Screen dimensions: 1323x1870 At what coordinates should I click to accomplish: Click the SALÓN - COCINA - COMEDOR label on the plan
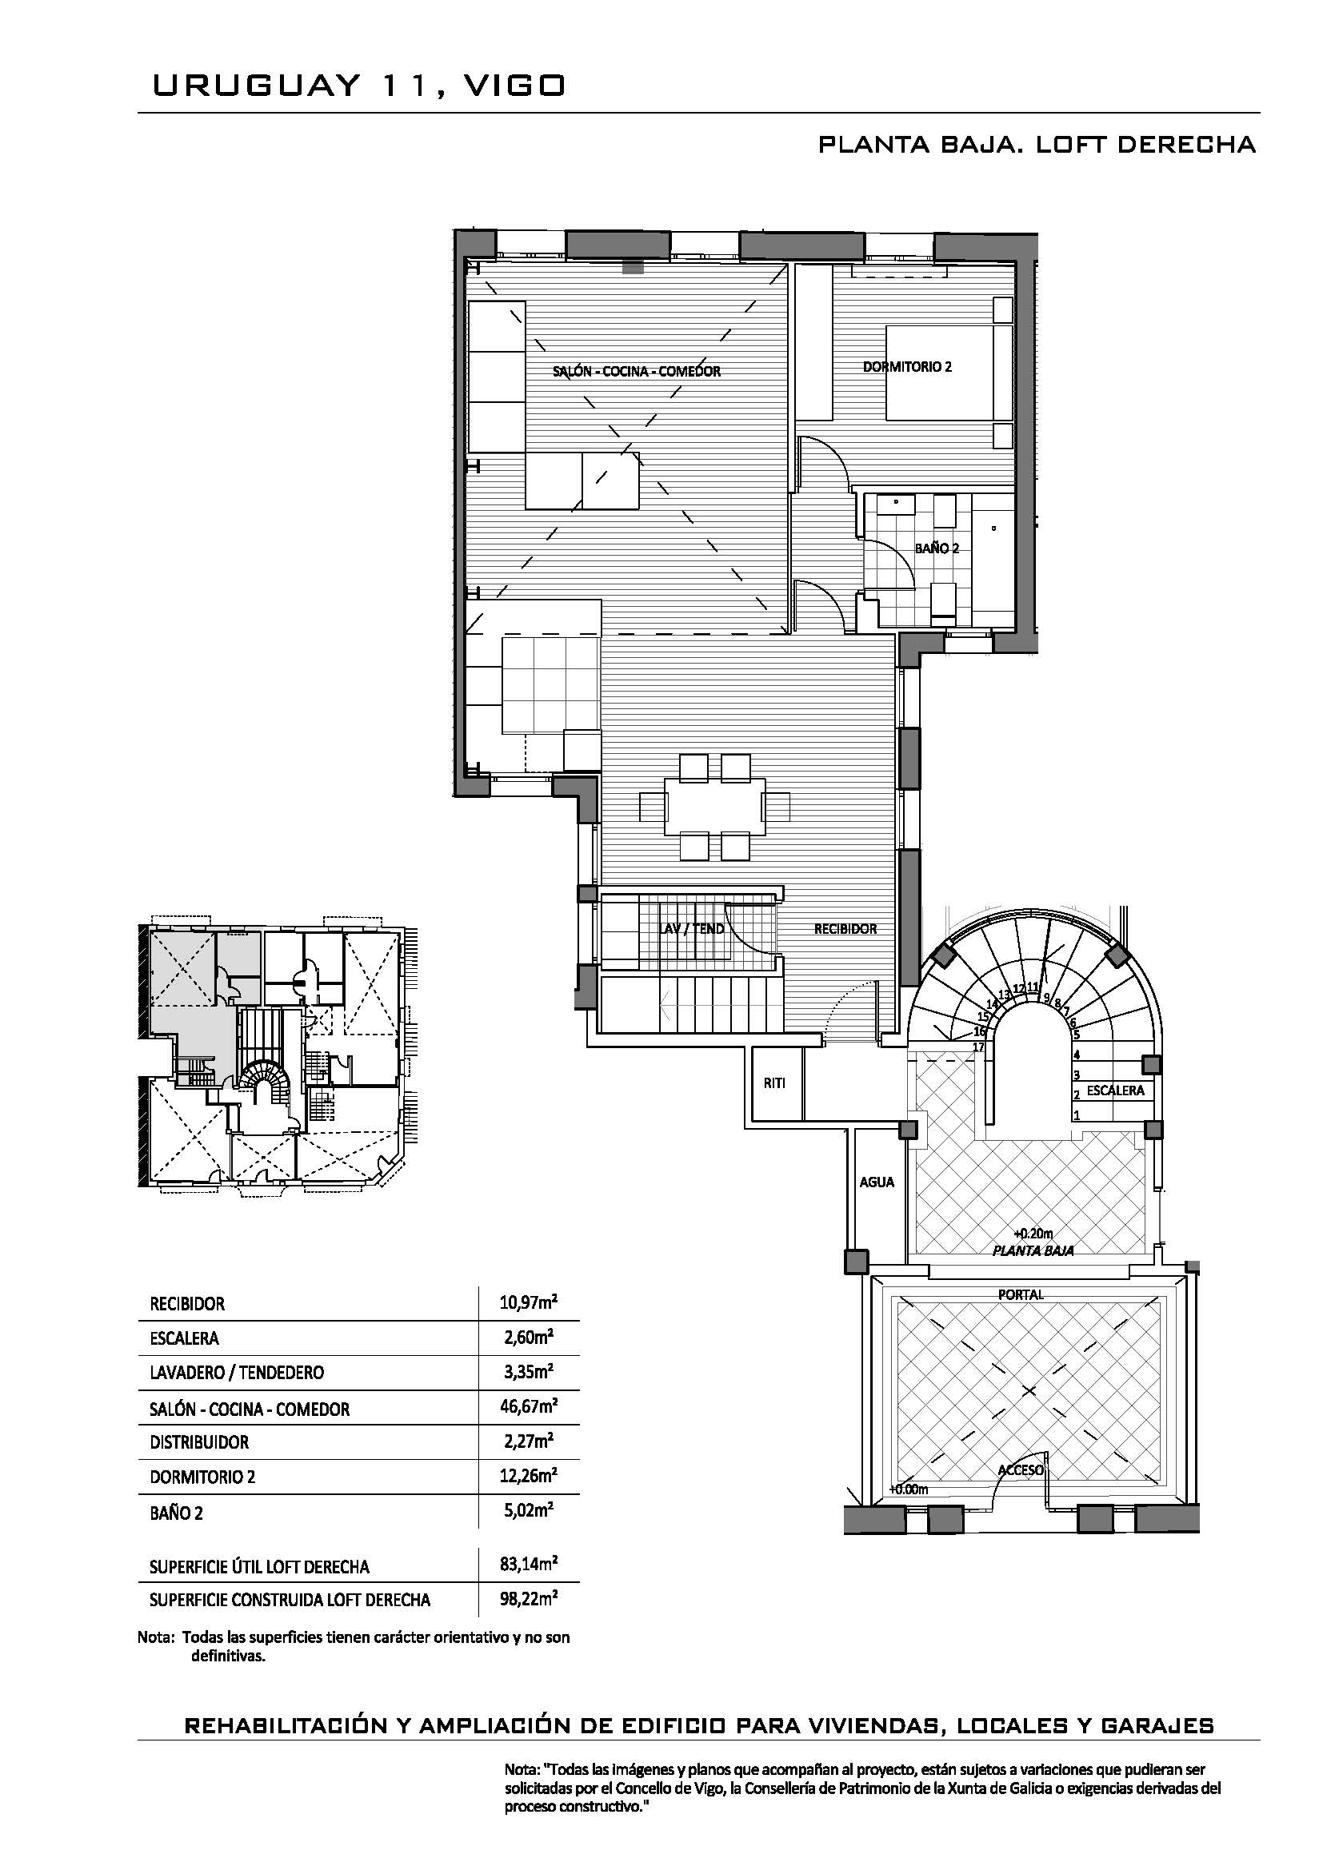(636, 372)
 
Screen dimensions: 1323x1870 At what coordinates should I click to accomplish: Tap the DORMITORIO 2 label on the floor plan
(907, 366)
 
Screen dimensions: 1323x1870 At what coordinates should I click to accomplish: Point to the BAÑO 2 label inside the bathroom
(936, 548)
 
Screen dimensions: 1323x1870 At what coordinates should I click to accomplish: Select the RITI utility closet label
(775, 1083)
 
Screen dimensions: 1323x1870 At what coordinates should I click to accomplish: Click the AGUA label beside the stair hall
(877, 1182)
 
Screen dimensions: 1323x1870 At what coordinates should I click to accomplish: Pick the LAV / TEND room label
(692, 928)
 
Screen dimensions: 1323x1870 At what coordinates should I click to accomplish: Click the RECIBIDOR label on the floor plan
(845, 928)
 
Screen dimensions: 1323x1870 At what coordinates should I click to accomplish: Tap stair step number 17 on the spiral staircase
(979, 1047)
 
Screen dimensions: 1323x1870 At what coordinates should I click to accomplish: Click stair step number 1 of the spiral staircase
(1076, 1115)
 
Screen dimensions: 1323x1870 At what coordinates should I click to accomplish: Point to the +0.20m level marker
(1033, 1233)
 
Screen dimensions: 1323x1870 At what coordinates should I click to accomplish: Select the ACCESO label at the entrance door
(1021, 1470)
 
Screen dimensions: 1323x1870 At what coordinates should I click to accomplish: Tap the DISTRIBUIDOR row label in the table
(199, 1442)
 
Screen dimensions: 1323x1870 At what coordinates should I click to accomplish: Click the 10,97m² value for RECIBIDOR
(528, 1302)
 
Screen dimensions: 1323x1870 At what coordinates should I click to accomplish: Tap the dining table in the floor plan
(714, 807)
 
